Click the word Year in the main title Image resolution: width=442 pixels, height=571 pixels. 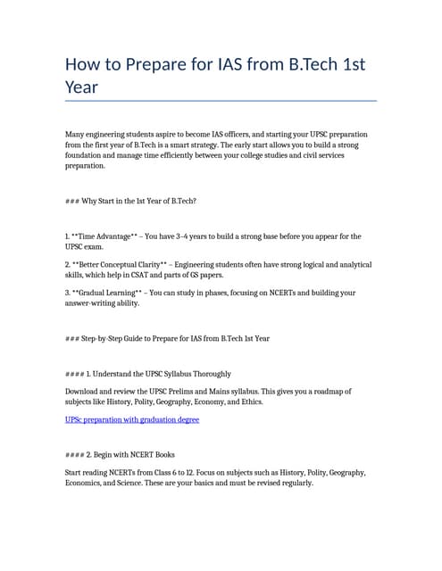pyautogui.click(x=81, y=87)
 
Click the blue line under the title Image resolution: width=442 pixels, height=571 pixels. pyautogui.click(x=221, y=101)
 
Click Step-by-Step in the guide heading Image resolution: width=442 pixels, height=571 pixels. pyautogui.click(x=104, y=339)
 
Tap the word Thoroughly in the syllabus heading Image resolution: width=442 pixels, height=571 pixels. pyautogui.click(x=209, y=374)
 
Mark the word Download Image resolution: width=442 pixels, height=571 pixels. pyautogui.click(x=85, y=392)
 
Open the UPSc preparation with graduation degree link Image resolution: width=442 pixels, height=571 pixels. pyautogui.click(x=132, y=419)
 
